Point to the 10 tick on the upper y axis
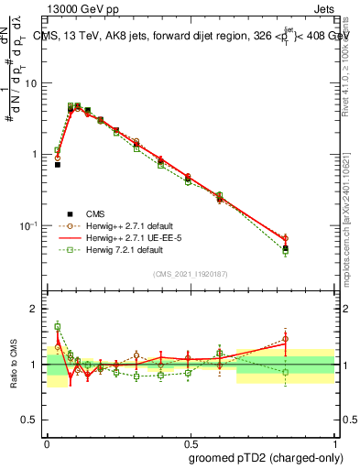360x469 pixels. click(33, 82)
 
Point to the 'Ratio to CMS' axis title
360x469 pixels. click(14, 364)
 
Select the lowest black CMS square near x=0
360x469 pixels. click(57, 165)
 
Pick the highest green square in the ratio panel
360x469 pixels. click(57, 326)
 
